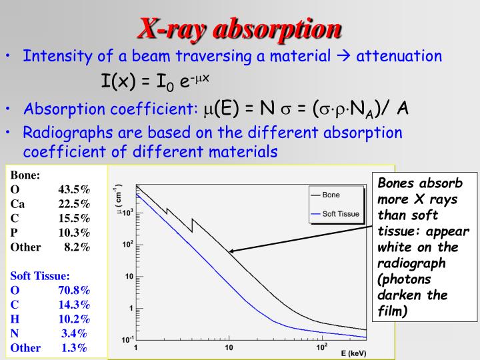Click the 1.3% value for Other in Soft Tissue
coord(75,347)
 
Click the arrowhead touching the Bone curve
coord(231,252)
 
